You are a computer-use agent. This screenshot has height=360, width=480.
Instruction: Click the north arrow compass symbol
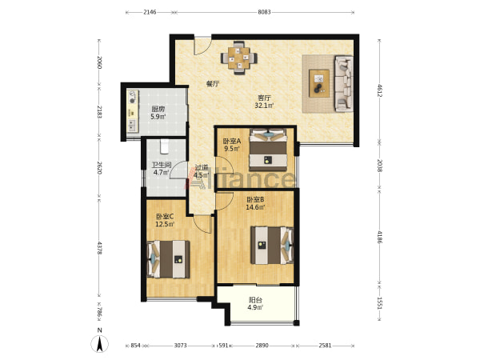pos(99,343)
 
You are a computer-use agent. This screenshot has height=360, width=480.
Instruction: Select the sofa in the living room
pos(343,83)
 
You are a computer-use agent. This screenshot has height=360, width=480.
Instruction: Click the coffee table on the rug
pos(319,83)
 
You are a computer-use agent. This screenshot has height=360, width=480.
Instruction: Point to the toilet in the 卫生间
pos(164,146)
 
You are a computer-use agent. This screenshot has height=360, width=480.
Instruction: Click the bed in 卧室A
pos(269,150)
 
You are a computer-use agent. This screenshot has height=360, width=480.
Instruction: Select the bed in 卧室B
pos(272,245)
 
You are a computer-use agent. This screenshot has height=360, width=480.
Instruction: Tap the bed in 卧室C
pos(168,259)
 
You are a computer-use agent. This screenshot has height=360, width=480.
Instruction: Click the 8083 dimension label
pos(264,12)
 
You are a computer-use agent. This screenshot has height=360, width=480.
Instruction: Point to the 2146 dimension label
pos(150,12)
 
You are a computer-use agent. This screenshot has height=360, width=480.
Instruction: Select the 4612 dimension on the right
pos(379,90)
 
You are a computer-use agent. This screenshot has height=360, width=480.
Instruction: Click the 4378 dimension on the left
pos(99,248)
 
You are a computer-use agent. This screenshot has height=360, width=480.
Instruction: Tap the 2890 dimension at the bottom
pos(262,346)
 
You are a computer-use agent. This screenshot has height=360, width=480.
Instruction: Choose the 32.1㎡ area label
pos(264,106)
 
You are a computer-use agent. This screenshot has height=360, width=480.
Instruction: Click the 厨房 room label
pos(158,109)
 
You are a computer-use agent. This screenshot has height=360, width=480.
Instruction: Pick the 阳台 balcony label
pos(255,300)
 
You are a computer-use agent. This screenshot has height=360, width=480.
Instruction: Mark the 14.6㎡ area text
pos(256,207)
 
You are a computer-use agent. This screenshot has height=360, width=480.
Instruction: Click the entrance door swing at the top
pos(202,46)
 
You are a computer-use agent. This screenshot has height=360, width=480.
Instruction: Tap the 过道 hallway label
pos(202,168)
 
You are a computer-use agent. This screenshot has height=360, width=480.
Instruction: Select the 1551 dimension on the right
pos(379,303)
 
